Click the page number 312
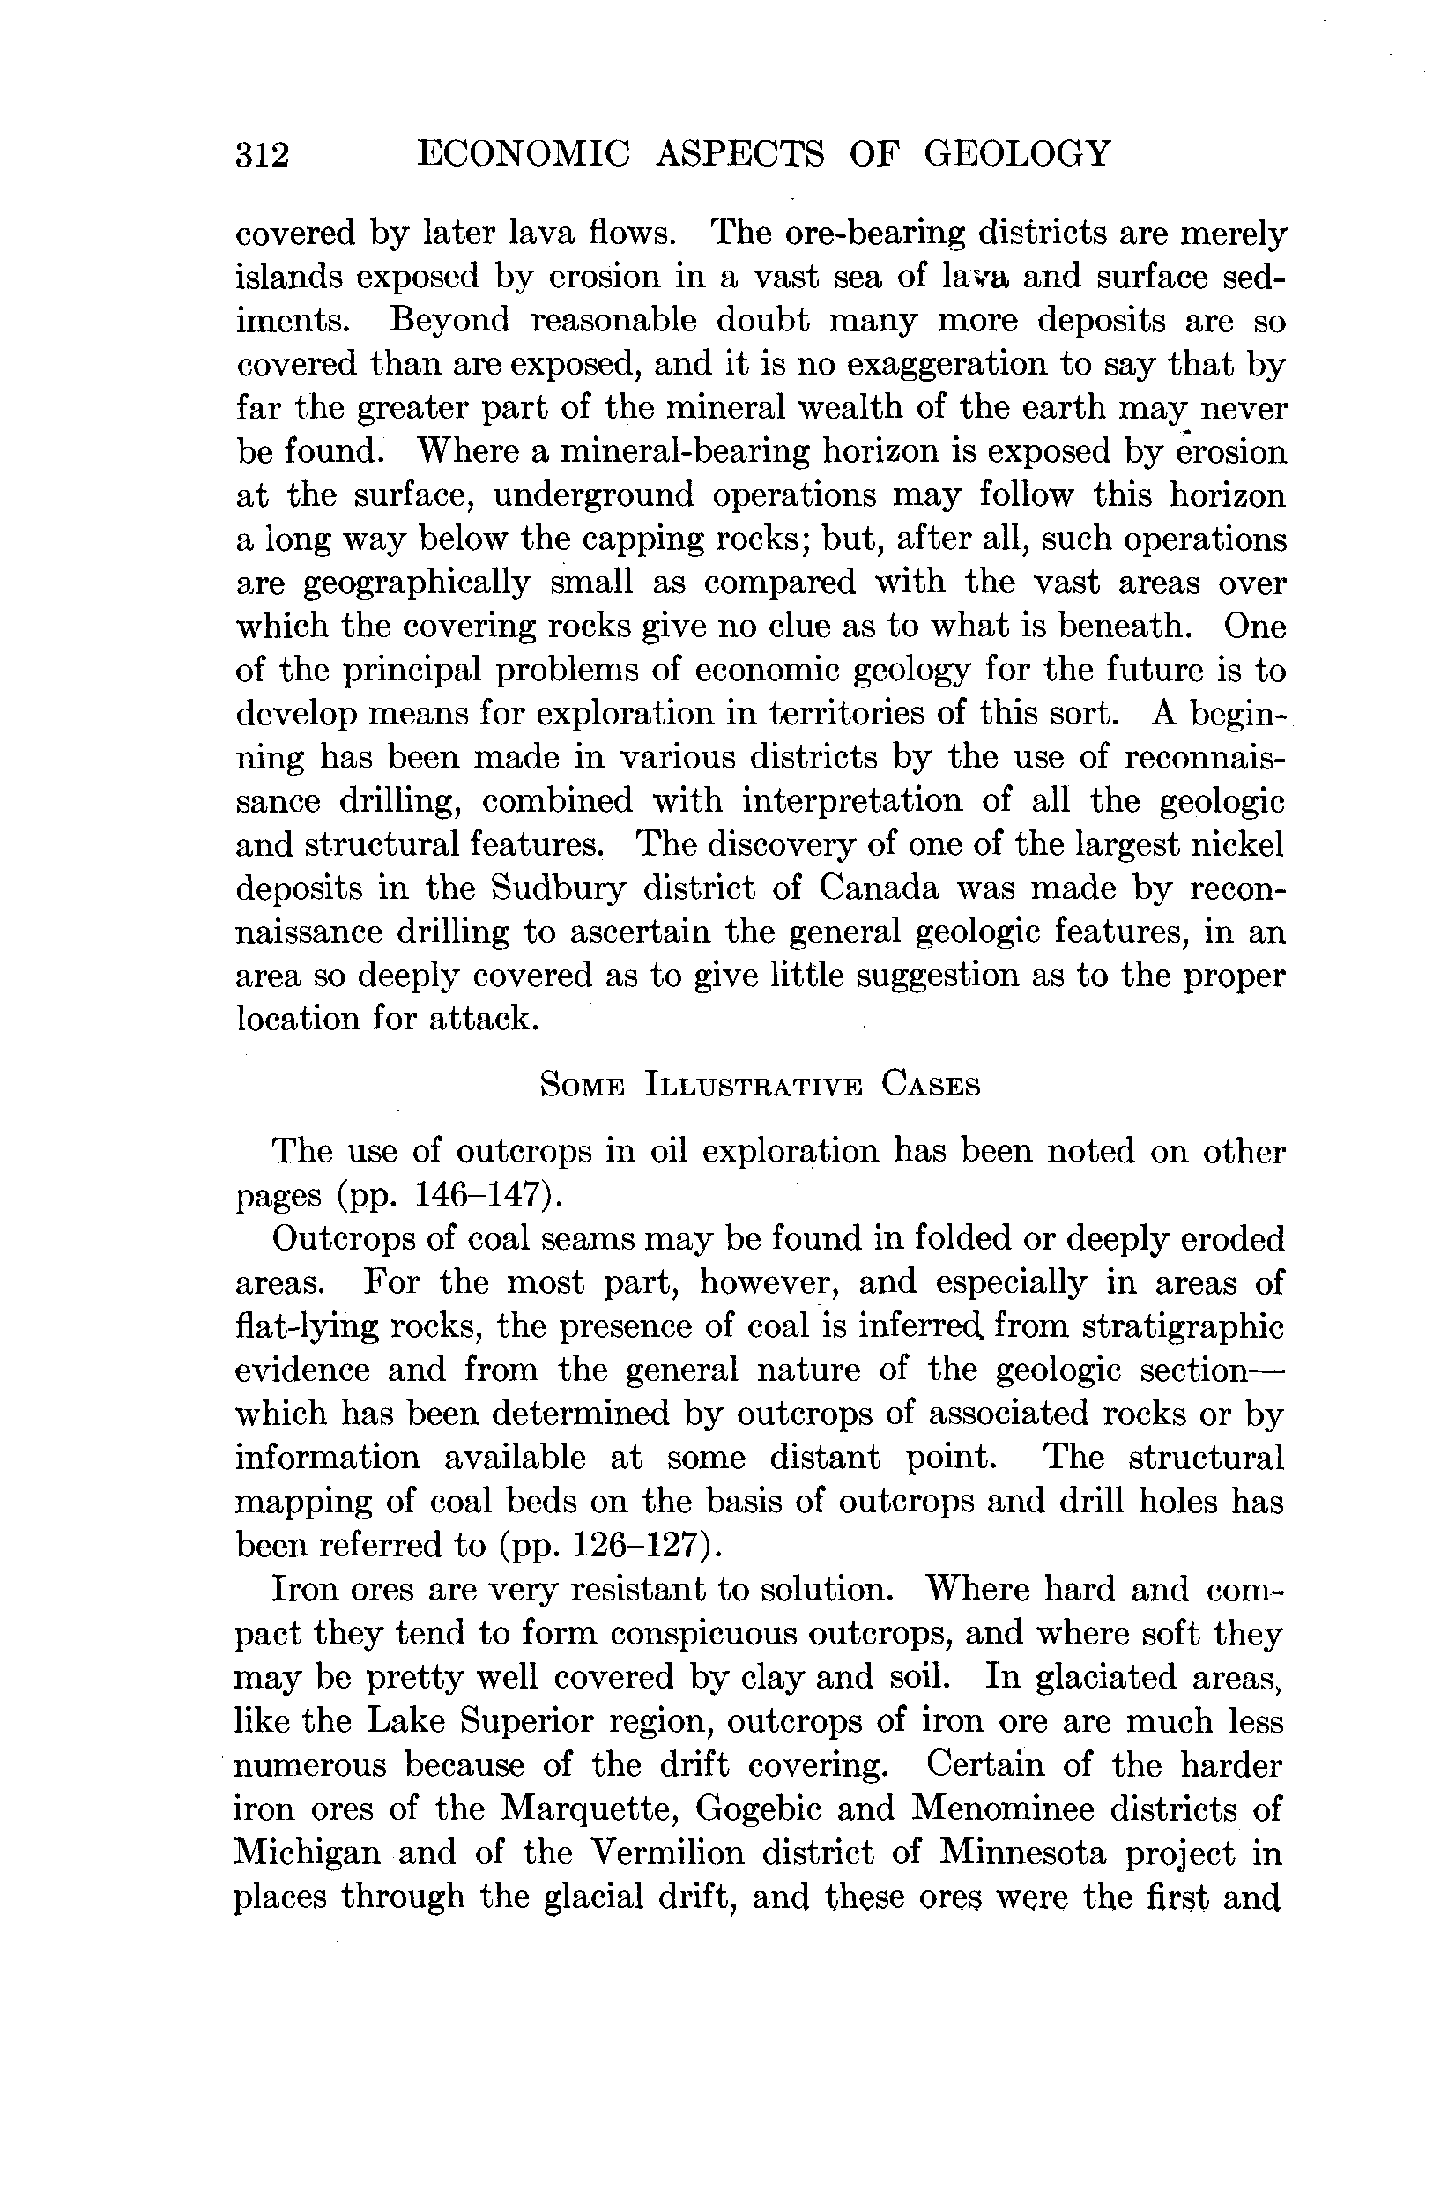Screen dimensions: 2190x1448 pyautogui.click(x=264, y=154)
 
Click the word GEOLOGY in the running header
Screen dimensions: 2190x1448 pyautogui.click(x=1017, y=152)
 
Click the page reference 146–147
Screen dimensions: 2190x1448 pyautogui.click(x=474, y=1196)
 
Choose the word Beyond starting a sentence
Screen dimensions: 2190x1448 pyautogui.click(x=449, y=321)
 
